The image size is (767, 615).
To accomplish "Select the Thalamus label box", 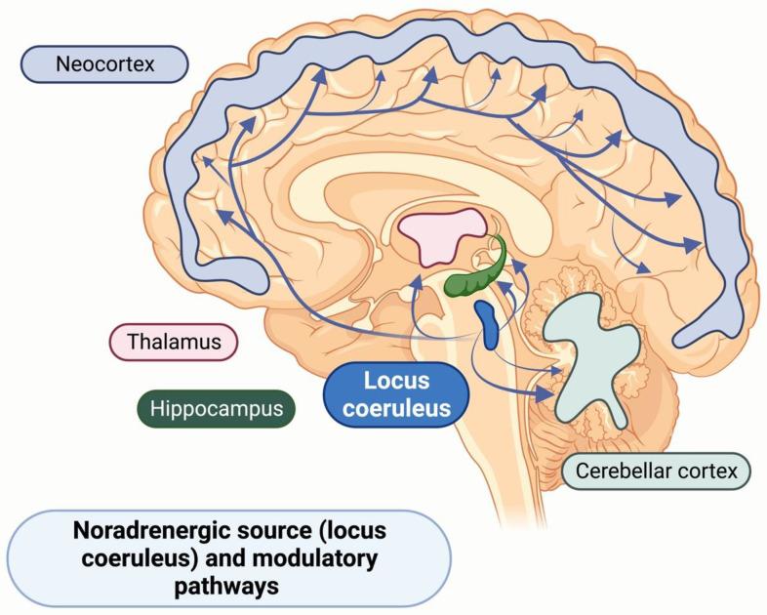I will pos(172,343).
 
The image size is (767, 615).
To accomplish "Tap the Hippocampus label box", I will pos(216,409).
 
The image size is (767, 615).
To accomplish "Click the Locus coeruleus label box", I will pos(396,393).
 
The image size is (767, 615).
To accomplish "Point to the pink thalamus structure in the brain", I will pos(451,235).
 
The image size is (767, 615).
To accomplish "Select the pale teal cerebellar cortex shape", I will pos(589,355).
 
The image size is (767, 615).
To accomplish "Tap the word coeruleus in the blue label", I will pos(396,407).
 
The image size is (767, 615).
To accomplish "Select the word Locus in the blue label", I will pos(396,381).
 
